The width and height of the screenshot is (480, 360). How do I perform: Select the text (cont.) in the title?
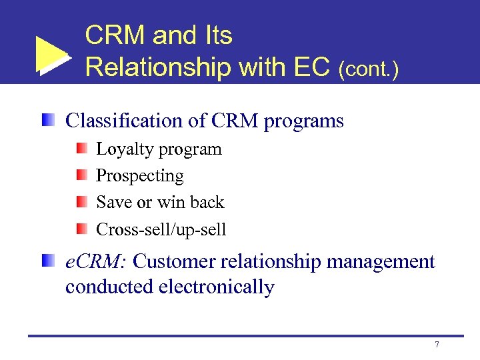coord(369,69)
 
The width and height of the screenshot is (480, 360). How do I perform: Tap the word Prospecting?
coord(140,177)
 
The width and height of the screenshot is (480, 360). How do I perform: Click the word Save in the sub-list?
coord(112,202)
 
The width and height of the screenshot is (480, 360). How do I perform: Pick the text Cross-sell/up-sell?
coord(161,230)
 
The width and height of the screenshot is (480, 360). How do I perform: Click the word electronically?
coord(217,287)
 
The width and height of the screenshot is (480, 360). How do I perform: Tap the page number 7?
coord(437,345)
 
